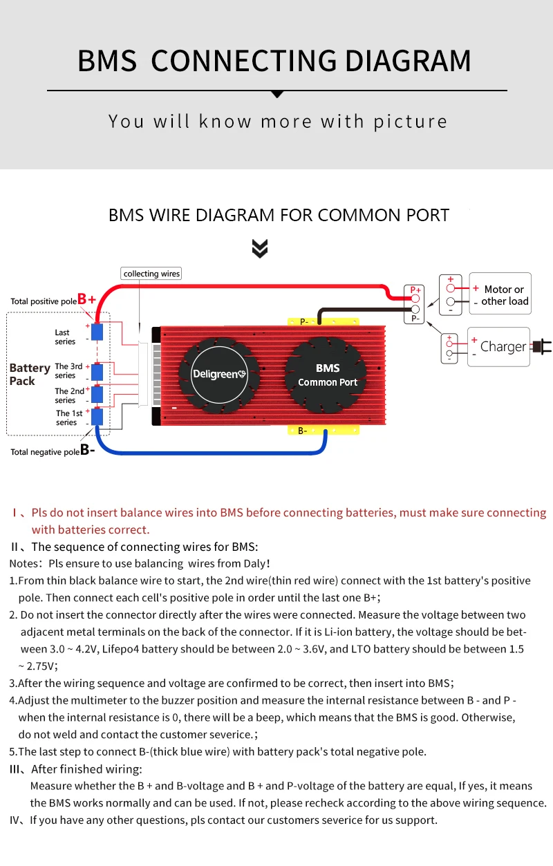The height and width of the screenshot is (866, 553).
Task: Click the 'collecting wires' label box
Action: coord(151,274)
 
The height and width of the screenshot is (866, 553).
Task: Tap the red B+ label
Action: coord(86,299)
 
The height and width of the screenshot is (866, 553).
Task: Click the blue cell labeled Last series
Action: coord(97,331)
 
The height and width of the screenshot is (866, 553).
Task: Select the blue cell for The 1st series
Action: coord(97,417)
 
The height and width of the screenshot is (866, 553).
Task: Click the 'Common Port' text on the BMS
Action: coord(328,382)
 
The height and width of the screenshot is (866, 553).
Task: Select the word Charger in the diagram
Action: coord(503,346)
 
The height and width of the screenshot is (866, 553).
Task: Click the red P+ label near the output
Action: coord(415,290)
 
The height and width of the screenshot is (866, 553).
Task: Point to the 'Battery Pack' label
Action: coord(29,374)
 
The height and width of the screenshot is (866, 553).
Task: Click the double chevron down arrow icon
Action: coord(260,249)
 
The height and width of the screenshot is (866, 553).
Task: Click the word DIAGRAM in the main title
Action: coord(408,61)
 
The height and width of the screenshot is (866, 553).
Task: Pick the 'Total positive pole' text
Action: coord(43,301)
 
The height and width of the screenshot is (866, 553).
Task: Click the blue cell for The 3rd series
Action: coord(97,372)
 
